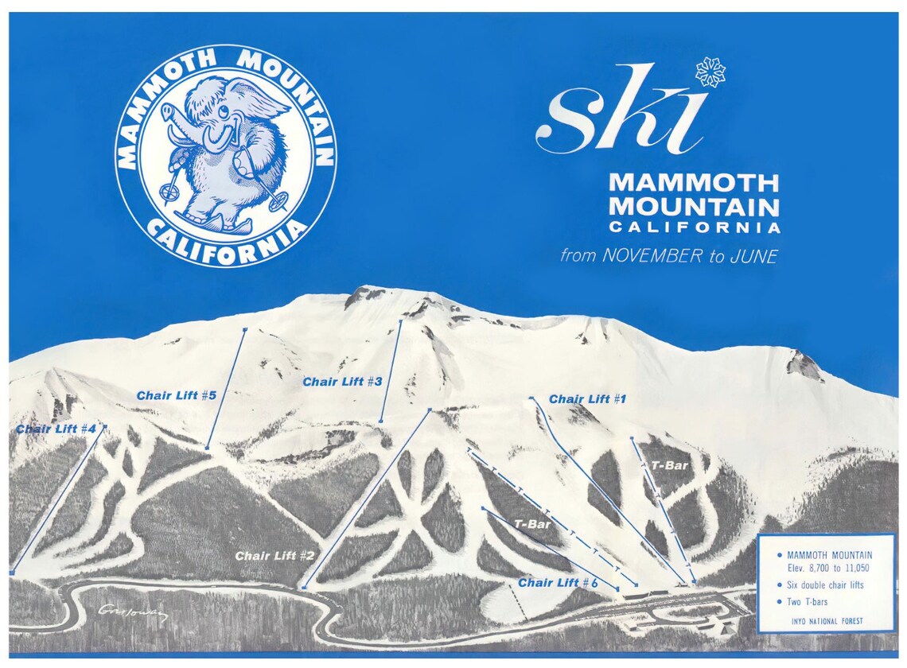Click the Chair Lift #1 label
click(x=587, y=399)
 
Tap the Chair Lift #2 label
click(x=275, y=556)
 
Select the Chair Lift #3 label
click(x=342, y=382)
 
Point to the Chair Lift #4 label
click(x=56, y=429)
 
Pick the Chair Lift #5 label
click(x=177, y=395)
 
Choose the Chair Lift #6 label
click(x=558, y=583)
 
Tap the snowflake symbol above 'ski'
click(x=710, y=72)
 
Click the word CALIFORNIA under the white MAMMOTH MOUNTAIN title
click(x=695, y=227)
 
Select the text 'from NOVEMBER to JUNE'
click(x=668, y=256)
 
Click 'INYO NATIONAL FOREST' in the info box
click(x=827, y=621)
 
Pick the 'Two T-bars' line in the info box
click(x=807, y=602)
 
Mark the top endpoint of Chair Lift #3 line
click(x=400, y=320)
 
